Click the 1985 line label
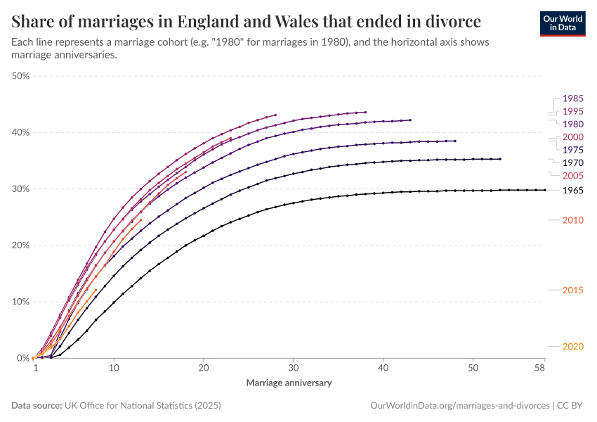(x=573, y=98)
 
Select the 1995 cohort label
(x=573, y=111)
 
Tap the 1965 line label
(x=573, y=191)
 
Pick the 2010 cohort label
(x=573, y=220)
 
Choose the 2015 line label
(x=573, y=290)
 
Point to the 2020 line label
(x=573, y=346)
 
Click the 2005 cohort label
(x=573, y=175)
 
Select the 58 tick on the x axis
(x=539, y=369)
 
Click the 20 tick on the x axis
(x=204, y=369)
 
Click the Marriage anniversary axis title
(x=289, y=383)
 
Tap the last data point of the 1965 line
(x=544, y=190)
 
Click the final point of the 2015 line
(x=96, y=290)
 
